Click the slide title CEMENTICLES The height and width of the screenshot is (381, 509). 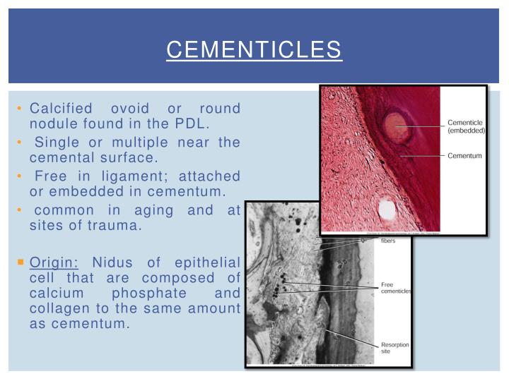(254, 50)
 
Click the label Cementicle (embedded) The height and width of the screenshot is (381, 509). (466, 126)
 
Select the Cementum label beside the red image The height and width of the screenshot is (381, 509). (464, 155)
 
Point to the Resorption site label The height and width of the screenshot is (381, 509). (395, 347)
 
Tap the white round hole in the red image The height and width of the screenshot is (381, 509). (386, 208)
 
